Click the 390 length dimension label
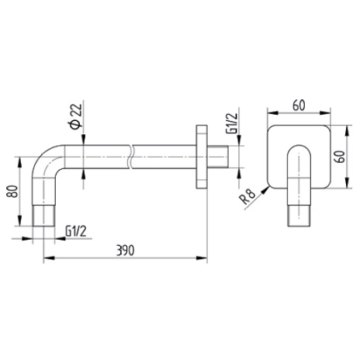pyautogui.click(x=126, y=251)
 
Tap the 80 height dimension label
pyautogui.click(x=12, y=192)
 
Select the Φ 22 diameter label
pyautogui.click(x=76, y=116)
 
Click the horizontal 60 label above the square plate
pyautogui.click(x=299, y=106)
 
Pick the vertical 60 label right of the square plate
pyautogui.click(x=340, y=157)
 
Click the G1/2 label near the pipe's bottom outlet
pyautogui.click(x=76, y=231)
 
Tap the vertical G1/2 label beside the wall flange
pyautogui.click(x=231, y=123)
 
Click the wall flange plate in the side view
pyautogui.click(x=202, y=157)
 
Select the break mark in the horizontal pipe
pyautogui.click(x=130, y=157)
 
